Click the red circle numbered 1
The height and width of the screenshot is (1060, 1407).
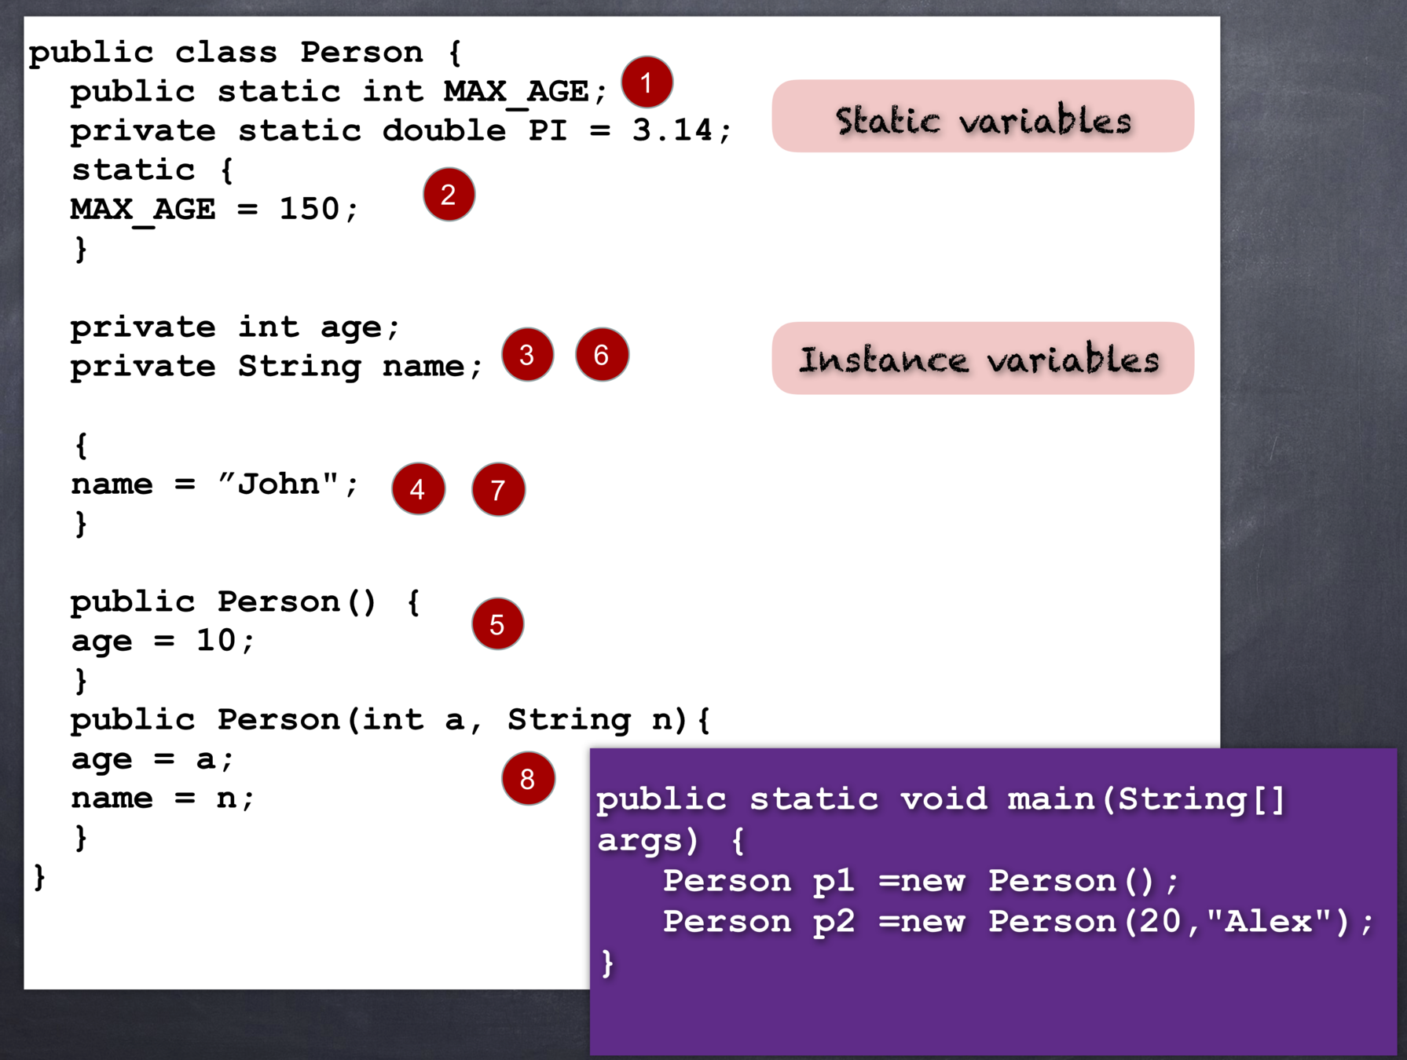point(647,82)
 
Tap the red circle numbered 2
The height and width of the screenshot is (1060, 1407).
point(449,194)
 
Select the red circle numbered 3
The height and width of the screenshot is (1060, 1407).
point(527,355)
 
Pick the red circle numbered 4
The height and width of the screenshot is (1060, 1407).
point(418,488)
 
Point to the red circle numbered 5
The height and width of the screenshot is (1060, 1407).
point(497,624)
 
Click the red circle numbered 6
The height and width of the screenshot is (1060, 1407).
point(602,355)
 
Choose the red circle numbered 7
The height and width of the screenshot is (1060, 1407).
point(498,489)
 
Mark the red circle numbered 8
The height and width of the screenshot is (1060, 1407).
point(528,778)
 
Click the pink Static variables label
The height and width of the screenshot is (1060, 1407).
point(983,116)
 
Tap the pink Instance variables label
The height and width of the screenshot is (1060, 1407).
point(983,358)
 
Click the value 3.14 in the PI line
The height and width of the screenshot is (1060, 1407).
point(672,130)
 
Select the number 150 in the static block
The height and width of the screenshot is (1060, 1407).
point(310,209)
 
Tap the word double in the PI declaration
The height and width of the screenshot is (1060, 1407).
point(444,130)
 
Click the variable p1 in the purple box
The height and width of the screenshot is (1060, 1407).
point(834,881)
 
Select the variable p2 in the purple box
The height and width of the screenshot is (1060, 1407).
point(834,922)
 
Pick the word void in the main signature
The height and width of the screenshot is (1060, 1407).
point(943,799)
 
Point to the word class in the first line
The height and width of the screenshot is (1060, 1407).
point(226,53)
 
